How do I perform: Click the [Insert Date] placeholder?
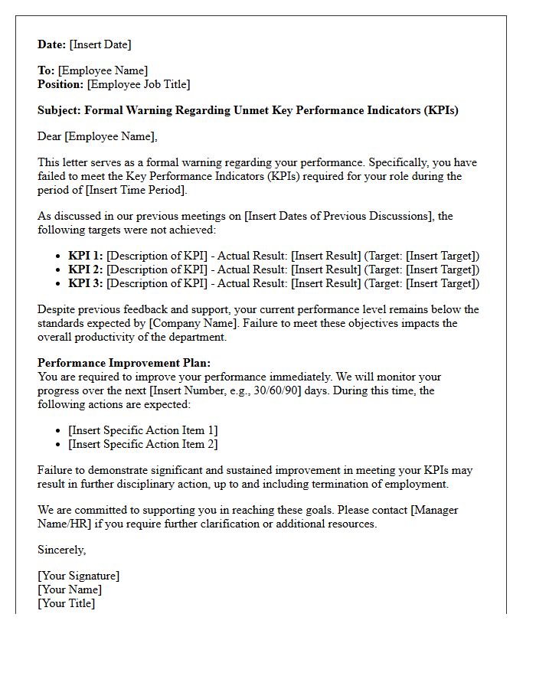[100, 44]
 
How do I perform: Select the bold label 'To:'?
[46, 71]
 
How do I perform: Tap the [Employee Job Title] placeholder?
[139, 84]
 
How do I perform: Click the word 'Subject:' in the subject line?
[59, 110]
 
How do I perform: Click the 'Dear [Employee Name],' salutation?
[97, 136]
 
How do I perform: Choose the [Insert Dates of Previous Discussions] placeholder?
[338, 216]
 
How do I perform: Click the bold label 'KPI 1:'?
[86, 256]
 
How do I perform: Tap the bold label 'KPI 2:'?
[86, 269]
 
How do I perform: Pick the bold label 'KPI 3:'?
[86, 283]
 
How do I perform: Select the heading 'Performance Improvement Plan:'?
[124, 363]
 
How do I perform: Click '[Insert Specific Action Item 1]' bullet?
[143, 430]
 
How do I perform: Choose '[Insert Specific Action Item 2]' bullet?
[143, 444]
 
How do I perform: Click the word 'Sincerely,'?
[62, 550]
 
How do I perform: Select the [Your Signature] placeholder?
[79, 576]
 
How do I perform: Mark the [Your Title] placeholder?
[67, 603]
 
